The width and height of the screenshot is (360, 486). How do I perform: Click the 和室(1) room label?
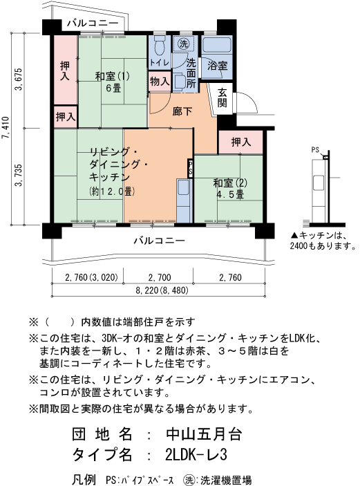[x=113, y=75]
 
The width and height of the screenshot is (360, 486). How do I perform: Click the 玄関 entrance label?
[x=222, y=97]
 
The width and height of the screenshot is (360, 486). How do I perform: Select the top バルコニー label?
[x=93, y=23]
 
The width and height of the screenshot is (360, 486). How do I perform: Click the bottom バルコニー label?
[x=158, y=241]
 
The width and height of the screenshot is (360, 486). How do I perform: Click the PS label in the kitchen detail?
[x=315, y=149]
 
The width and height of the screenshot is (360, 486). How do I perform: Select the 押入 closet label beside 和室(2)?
[x=240, y=142]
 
